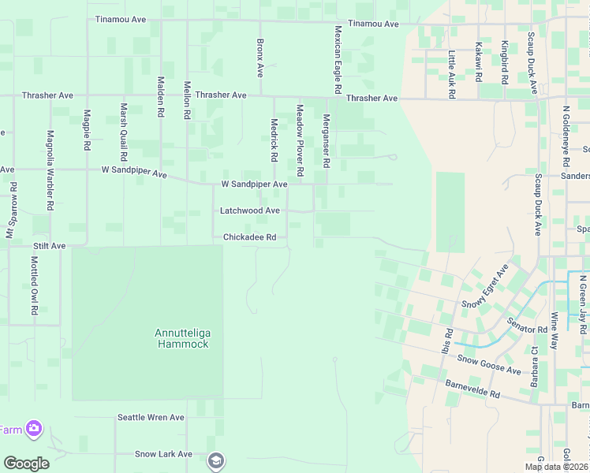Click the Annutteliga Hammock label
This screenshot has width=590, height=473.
click(x=181, y=338)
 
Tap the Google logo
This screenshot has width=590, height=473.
click(x=26, y=464)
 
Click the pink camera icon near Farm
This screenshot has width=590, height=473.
click(x=34, y=429)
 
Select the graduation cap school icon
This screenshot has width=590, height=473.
click(x=215, y=460)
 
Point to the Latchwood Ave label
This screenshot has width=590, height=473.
click(x=250, y=211)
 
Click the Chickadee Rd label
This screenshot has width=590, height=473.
click(x=249, y=237)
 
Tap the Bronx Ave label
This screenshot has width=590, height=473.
click(x=260, y=58)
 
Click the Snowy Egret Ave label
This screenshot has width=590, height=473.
click(x=484, y=287)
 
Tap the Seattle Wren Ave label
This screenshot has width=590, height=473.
click(x=151, y=418)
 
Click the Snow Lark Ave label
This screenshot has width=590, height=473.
click(x=163, y=454)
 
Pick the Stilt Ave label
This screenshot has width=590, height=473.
click(x=49, y=246)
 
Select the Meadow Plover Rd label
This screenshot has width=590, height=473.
click(x=300, y=140)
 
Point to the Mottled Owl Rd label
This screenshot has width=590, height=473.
click(x=35, y=285)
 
